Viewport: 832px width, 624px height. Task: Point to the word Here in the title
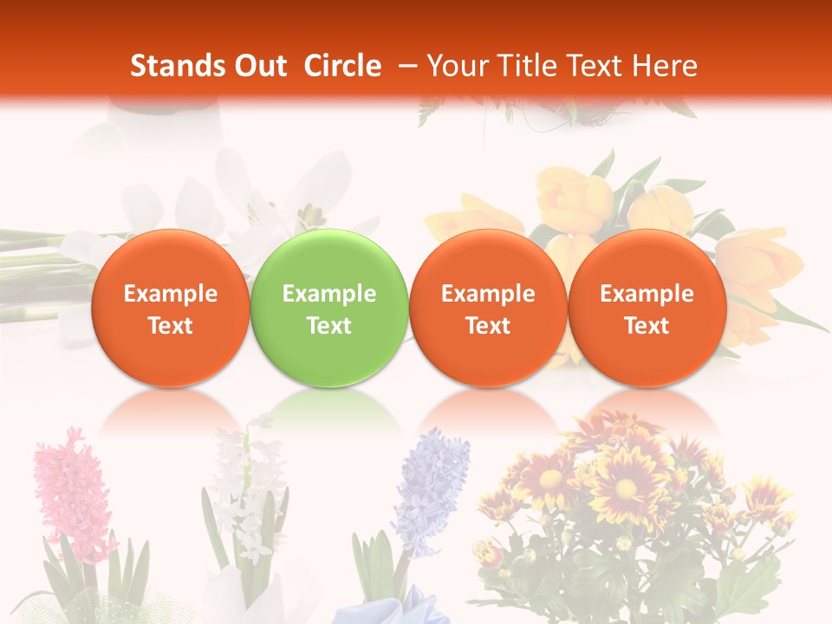[x=665, y=66]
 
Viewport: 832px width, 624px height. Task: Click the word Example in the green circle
[x=328, y=294]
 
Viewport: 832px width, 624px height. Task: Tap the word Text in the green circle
[x=328, y=326]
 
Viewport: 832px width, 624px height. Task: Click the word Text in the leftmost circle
[x=170, y=326]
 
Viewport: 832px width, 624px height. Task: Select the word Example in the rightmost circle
[x=647, y=294]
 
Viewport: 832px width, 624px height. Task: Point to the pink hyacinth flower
[x=74, y=494]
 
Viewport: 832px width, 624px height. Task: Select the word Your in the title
[x=458, y=66]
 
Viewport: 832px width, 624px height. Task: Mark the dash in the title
[x=409, y=66]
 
